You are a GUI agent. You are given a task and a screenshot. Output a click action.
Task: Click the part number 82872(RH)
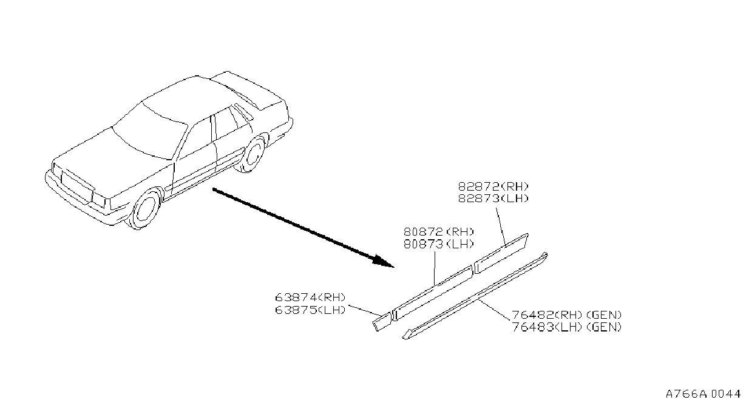[x=493, y=186]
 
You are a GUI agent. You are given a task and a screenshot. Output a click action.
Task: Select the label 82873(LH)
[x=493, y=199]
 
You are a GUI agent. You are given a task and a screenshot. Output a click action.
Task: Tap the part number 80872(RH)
[x=439, y=232]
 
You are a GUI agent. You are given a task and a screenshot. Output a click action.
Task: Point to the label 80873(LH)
[x=439, y=244]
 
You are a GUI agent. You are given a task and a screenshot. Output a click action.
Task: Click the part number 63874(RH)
[x=310, y=297]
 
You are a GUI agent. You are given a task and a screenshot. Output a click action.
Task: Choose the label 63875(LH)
[x=310, y=310]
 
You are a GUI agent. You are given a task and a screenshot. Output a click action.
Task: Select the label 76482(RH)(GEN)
[x=566, y=314]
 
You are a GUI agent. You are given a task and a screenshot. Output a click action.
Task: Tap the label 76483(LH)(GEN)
[x=566, y=327]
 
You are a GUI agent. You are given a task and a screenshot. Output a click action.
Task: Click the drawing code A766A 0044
[x=703, y=394]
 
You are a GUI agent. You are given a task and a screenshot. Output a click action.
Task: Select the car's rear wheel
[x=254, y=154]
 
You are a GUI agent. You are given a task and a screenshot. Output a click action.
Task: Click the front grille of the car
[x=77, y=186]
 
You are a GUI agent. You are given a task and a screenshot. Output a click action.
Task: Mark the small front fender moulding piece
[x=382, y=321]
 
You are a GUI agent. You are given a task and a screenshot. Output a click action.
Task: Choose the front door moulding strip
[x=433, y=293]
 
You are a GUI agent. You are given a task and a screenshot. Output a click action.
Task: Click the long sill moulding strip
[x=475, y=296]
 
